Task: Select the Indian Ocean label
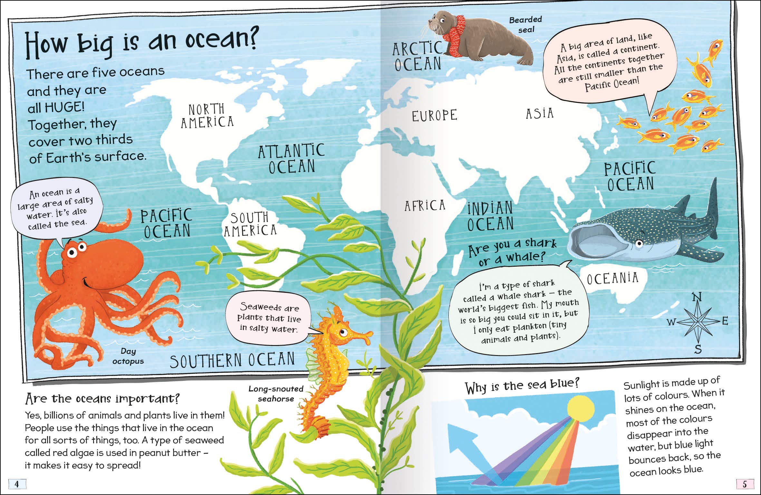(x=490, y=216)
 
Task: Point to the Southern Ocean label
(x=232, y=360)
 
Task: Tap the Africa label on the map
(x=425, y=205)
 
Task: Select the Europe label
(x=435, y=115)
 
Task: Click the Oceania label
(x=612, y=278)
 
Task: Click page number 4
(x=16, y=484)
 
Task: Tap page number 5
(x=745, y=484)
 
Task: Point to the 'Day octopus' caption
(x=128, y=356)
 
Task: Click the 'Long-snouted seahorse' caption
(x=276, y=394)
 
